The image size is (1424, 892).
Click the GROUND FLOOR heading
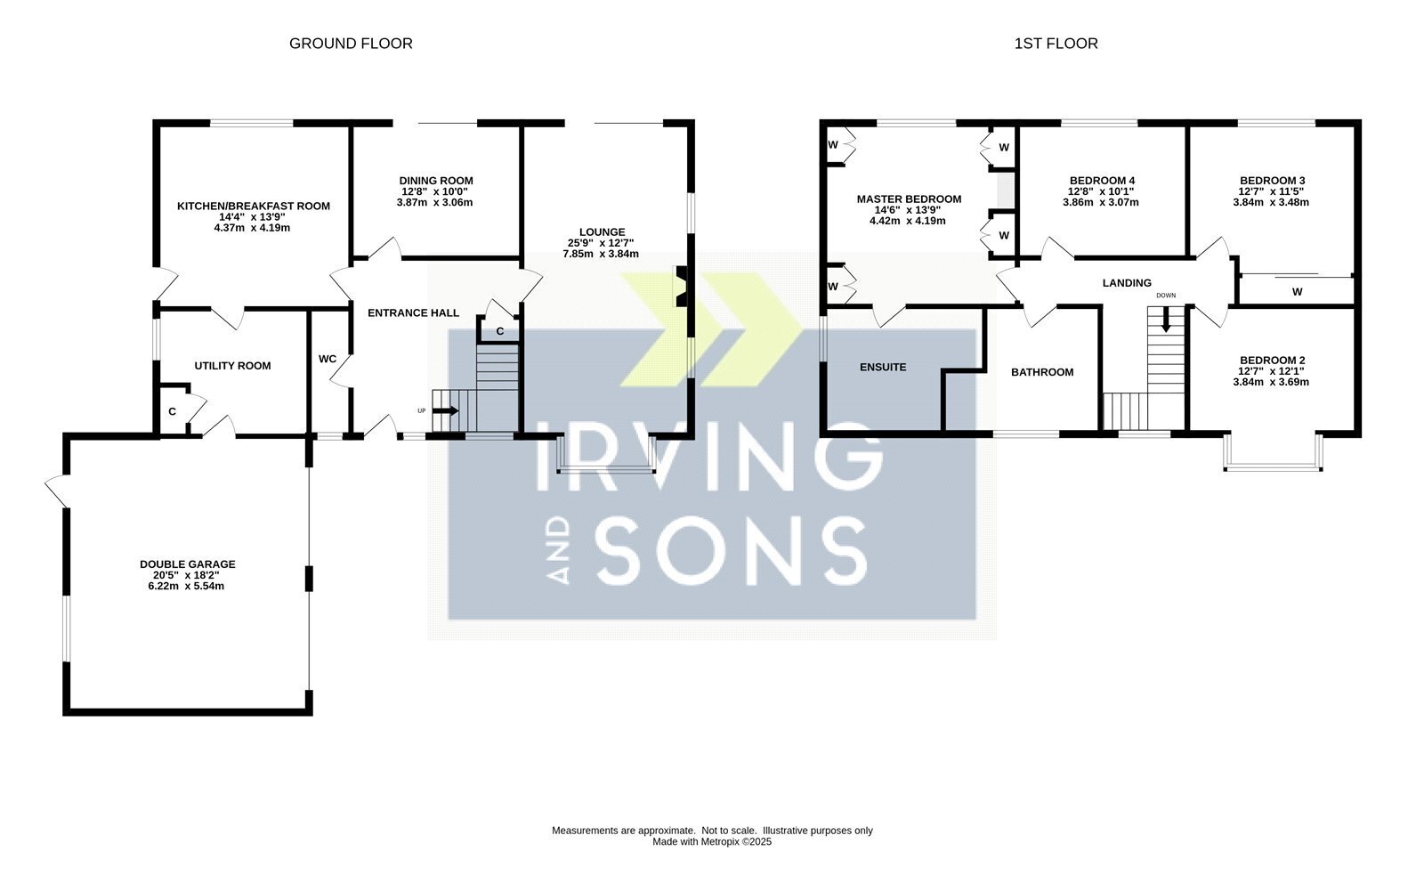[x=351, y=44]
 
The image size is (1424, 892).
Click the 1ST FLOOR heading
[x=1056, y=44]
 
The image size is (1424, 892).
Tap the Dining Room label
[x=436, y=181]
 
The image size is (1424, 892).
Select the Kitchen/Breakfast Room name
[x=253, y=206]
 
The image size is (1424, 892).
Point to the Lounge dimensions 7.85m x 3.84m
[x=601, y=254]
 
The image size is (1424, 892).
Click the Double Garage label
[x=188, y=564]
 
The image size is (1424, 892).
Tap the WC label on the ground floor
[x=328, y=359]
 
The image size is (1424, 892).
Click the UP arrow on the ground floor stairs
[x=446, y=410]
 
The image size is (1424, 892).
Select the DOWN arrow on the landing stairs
[x=1166, y=320]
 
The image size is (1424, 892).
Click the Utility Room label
[x=232, y=366]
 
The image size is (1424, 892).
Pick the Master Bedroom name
[x=909, y=199]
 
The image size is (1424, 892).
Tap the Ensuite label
[x=883, y=367]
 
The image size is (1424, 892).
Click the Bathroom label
[x=1042, y=372]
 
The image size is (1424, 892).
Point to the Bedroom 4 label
[x=1103, y=181]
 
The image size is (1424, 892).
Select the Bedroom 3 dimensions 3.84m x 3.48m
[x=1271, y=202]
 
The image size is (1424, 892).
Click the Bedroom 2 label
[x=1273, y=361]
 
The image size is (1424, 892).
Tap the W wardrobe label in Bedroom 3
[x=1298, y=292]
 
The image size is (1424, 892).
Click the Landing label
[x=1127, y=283]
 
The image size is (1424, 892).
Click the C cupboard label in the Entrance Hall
[x=500, y=331]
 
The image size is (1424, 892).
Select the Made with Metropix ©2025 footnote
[x=712, y=842]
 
